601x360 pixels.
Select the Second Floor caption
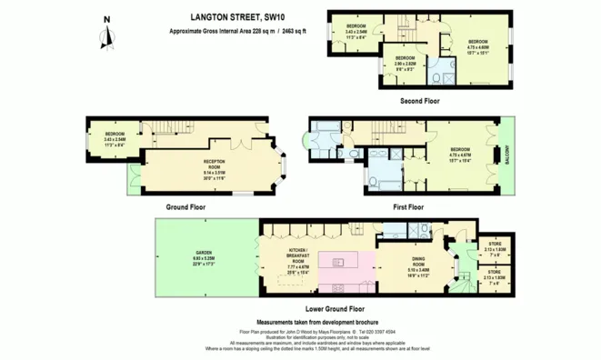click(x=420, y=101)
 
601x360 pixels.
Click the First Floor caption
click(x=409, y=207)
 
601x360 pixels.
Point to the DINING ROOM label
click(x=417, y=264)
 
